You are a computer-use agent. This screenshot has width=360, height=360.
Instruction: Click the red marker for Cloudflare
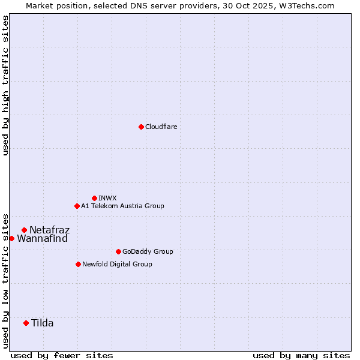(141, 127)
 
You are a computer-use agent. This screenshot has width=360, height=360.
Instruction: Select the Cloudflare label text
(161, 127)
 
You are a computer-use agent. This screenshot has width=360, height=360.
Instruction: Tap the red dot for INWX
(94, 198)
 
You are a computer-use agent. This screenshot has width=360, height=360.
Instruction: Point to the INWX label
(107, 198)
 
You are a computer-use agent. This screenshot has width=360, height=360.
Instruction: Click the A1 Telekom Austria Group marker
(77, 206)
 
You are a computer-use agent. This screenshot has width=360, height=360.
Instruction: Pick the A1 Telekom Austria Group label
(122, 206)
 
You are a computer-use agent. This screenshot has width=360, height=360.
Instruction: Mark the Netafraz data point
(24, 230)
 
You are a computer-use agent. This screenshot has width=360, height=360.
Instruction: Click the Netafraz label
(50, 230)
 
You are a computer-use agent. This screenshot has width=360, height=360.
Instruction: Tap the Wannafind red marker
(11, 238)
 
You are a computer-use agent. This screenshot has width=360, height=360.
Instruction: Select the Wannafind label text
(42, 239)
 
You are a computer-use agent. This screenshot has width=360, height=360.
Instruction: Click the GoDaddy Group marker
(118, 251)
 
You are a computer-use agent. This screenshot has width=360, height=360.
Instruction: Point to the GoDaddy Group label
(148, 252)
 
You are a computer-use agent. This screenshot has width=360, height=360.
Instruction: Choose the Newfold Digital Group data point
(78, 264)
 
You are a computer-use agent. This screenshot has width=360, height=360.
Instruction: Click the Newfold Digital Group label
(117, 265)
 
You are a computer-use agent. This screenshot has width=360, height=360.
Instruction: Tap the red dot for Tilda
(26, 323)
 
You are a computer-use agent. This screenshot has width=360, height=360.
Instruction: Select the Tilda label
(43, 323)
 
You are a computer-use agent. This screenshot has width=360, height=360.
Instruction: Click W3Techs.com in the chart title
(309, 5)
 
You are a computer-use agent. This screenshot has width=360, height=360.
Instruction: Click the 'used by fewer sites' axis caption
(62, 355)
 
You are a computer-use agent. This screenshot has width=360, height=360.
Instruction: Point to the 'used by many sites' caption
(301, 355)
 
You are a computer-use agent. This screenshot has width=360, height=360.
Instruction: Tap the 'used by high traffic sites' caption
(5, 85)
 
